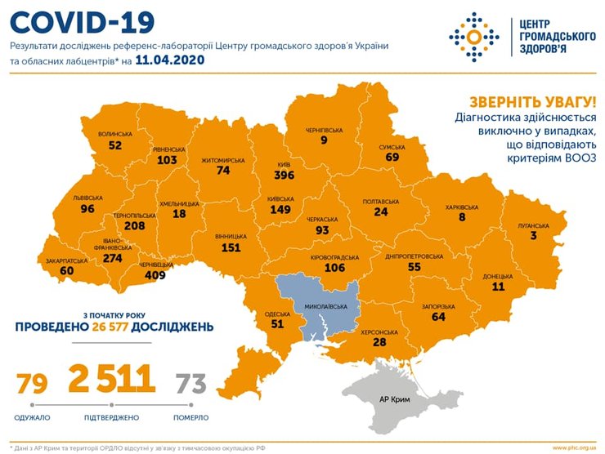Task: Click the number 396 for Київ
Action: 285,176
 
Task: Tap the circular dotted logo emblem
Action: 472,35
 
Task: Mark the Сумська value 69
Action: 392,156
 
